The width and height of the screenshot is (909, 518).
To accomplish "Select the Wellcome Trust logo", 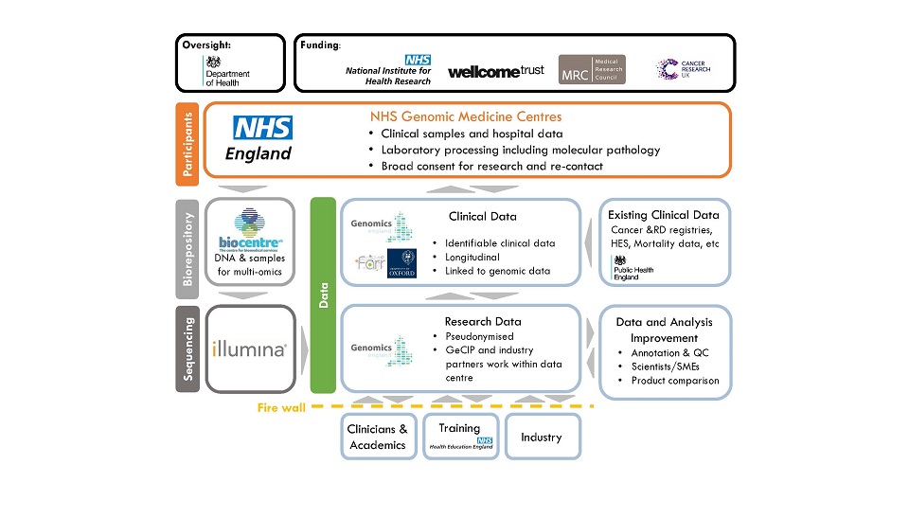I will pyautogui.click(x=495, y=71).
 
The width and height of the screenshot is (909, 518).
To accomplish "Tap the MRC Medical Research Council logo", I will pyautogui.click(x=591, y=69).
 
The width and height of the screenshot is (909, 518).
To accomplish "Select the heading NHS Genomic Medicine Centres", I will pyautogui.click(x=466, y=116).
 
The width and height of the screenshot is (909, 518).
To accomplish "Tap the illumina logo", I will pyautogui.click(x=249, y=349).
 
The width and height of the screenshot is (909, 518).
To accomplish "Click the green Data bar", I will pyautogui.click(x=324, y=295).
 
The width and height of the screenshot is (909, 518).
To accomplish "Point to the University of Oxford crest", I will pyautogui.click(x=402, y=263).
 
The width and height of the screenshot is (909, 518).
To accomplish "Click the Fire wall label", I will pyautogui.click(x=281, y=408).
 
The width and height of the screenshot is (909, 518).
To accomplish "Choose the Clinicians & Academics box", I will pyautogui.click(x=378, y=437).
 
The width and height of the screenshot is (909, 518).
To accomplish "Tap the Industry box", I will pyautogui.click(x=541, y=437).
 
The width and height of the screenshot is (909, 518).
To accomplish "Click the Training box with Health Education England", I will pyautogui.click(x=459, y=437).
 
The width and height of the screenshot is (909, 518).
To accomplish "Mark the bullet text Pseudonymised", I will pyautogui.click(x=479, y=336).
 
